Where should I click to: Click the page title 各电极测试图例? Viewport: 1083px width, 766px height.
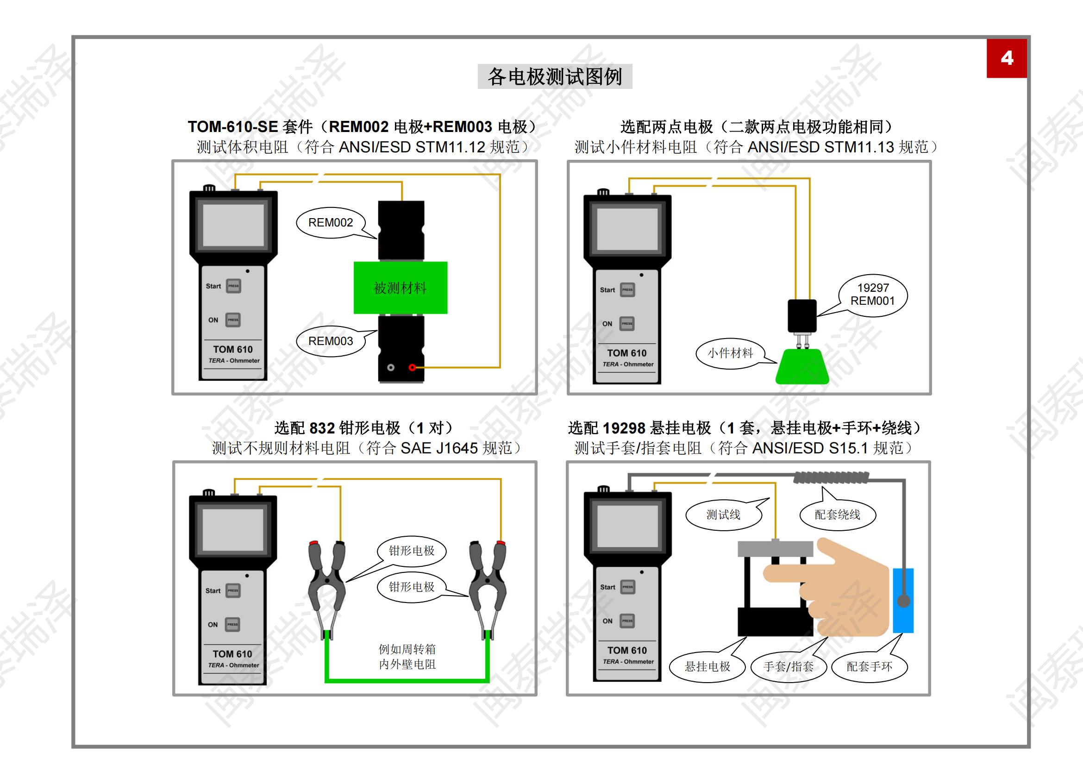555,76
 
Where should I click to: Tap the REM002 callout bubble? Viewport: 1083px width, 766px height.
330,223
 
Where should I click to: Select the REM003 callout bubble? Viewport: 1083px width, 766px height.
330,341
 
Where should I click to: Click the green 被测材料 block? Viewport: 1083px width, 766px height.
400,287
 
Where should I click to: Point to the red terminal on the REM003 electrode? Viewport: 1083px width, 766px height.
412,367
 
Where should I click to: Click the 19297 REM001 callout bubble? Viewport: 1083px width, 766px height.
873,295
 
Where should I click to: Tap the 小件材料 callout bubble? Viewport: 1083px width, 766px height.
730,353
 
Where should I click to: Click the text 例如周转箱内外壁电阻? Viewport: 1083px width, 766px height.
407,657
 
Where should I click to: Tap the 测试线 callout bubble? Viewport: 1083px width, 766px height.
723,515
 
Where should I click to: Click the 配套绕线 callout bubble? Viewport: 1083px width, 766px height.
837,515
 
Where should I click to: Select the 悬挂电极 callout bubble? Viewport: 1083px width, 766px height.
707,666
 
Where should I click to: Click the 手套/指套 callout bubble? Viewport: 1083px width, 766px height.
788,666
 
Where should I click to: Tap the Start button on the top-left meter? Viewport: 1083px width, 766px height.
233,286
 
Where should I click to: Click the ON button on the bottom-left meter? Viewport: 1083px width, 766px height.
232,624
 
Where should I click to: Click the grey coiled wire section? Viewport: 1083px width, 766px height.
830,478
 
